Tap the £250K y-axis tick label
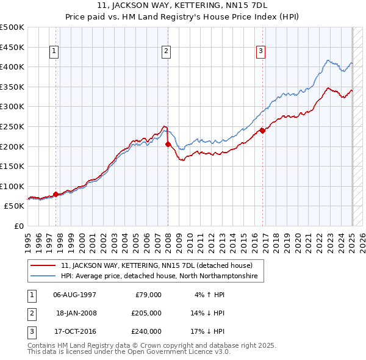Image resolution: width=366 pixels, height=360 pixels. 12,126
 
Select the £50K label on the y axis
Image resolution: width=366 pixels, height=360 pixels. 15,206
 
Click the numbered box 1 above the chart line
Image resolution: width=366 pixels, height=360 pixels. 55,52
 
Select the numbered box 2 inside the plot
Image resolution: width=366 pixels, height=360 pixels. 166,52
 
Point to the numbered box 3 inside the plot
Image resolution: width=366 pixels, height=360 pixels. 260,52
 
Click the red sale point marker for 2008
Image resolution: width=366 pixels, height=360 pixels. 168,145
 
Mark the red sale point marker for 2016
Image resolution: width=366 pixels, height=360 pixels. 262,130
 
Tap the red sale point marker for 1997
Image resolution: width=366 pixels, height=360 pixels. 56,194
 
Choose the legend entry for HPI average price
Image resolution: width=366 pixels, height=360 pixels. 159,276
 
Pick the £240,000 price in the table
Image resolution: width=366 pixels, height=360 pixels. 147,331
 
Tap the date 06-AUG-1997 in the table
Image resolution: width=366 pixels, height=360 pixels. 74,294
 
